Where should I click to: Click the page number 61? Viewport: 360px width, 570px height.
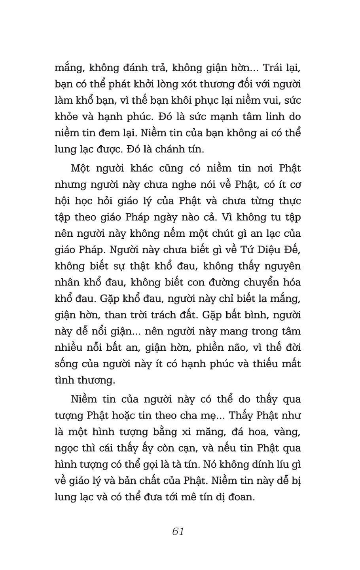click(x=178, y=531)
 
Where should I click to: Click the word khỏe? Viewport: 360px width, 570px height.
click(x=66, y=117)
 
